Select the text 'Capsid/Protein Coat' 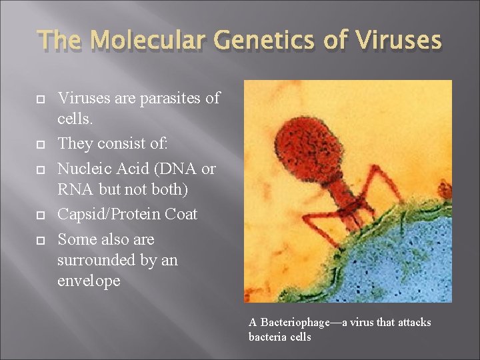point(127,215)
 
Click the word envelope point(89,281)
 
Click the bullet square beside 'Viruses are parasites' point(41,99)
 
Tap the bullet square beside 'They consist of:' point(41,144)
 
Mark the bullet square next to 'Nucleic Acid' point(41,169)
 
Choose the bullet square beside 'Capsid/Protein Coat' point(41,215)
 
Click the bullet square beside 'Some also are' point(41,240)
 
